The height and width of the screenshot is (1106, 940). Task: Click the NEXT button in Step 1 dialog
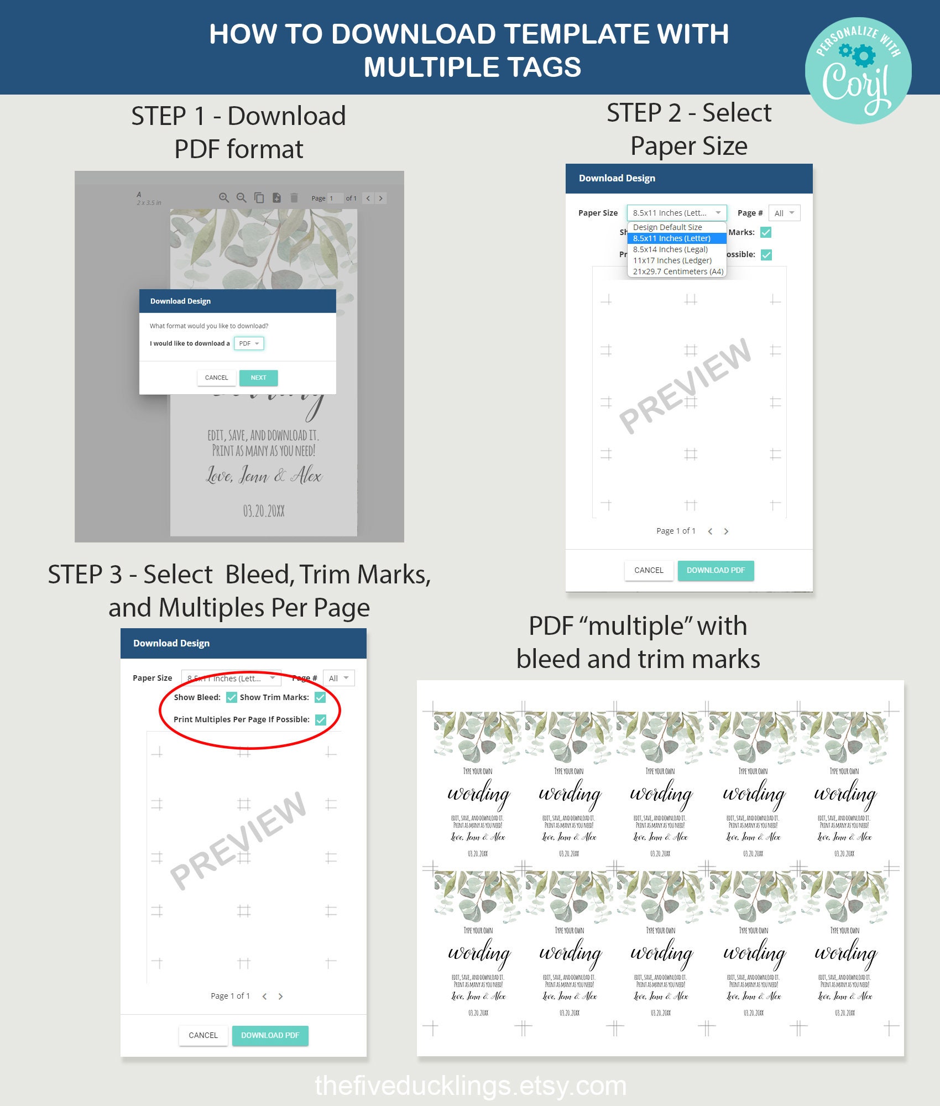pyautogui.click(x=258, y=378)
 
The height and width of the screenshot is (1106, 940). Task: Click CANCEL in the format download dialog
pyautogui.click(x=216, y=378)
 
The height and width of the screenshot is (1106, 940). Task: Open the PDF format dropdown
pyautogui.click(x=249, y=343)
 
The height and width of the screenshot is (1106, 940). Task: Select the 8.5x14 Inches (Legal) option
pyautogui.click(x=670, y=249)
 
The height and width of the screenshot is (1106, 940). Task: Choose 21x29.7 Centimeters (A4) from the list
pyautogui.click(x=678, y=272)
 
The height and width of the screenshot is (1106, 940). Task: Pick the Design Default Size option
pyautogui.click(x=667, y=227)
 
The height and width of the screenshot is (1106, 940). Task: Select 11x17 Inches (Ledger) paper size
pyautogui.click(x=672, y=260)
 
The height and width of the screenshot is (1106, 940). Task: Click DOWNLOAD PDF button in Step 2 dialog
pyautogui.click(x=716, y=570)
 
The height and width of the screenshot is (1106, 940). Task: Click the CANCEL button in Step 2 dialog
pyautogui.click(x=649, y=570)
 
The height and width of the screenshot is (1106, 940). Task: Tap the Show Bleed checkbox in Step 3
pyautogui.click(x=232, y=697)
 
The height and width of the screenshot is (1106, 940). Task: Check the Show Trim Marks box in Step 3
pyautogui.click(x=320, y=697)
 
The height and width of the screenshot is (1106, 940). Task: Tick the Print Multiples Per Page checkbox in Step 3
pyautogui.click(x=321, y=719)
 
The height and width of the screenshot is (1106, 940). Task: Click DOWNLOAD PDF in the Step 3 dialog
pyautogui.click(x=270, y=1035)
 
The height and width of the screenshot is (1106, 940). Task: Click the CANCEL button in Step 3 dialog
pyautogui.click(x=203, y=1035)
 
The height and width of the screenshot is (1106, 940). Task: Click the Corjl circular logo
pyautogui.click(x=858, y=70)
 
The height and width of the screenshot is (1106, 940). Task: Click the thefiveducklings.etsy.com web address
pyautogui.click(x=470, y=1086)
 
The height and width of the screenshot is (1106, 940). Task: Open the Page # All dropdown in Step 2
pyautogui.click(x=784, y=213)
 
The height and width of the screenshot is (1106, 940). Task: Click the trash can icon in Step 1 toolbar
pyautogui.click(x=294, y=197)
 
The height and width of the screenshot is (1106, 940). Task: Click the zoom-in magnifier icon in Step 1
pyautogui.click(x=223, y=197)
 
